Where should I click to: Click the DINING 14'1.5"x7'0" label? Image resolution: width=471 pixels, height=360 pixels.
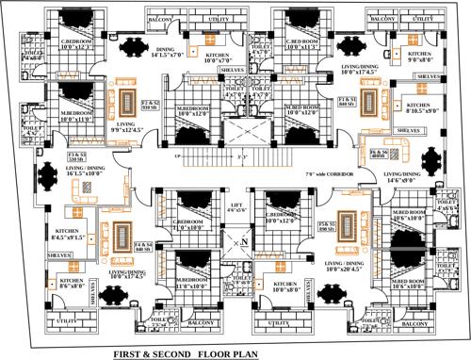click(x=166, y=53)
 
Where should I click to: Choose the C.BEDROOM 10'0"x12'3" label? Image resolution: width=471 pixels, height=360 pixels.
click(x=77, y=44)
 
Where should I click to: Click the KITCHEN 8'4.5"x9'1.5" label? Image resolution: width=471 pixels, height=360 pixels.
click(x=72, y=235)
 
